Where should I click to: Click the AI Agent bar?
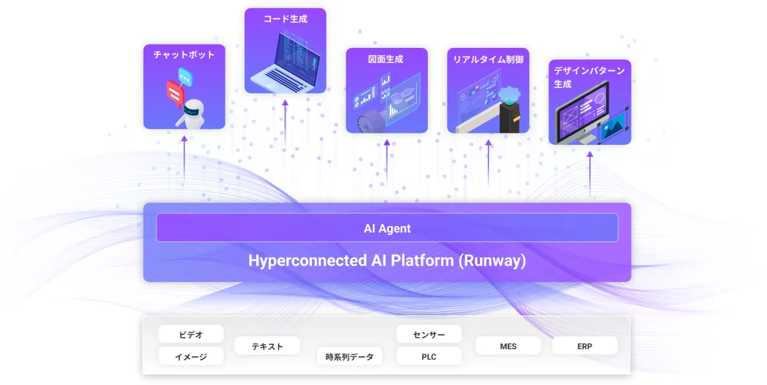tap(387, 228)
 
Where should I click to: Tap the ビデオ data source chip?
tap(191, 334)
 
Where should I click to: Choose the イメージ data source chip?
tap(191, 356)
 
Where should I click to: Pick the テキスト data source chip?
tap(267, 346)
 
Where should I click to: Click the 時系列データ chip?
tap(349, 356)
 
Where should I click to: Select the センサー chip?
tap(429, 334)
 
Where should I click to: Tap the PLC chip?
tap(429, 356)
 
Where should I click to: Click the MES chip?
tap(508, 346)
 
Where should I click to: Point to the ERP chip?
tap(584, 346)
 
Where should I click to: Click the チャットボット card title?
tap(184, 55)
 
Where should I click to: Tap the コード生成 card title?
tap(285, 19)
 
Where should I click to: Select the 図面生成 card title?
tap(386, 59)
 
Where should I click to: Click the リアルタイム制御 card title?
tap(488, 59)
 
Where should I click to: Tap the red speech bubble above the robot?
tap(174, 92)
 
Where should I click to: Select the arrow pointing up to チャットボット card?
tap(184, 160)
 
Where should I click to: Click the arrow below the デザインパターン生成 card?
tap(589, 172)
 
